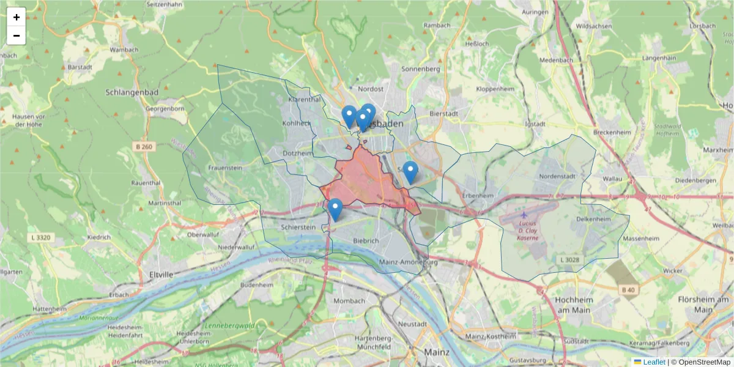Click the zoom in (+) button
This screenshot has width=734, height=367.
[x=17, y=17]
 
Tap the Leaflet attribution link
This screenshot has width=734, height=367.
[x=654, y=362]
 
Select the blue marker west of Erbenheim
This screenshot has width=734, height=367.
[x=410, y=172]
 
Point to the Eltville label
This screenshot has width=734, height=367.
[x=161, y=275]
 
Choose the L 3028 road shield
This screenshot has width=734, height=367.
[x=569, y=260]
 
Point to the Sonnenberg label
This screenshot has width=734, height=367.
[x=420, y=69]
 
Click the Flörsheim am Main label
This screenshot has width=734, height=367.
[x=696, y=305]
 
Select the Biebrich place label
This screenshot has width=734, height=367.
[x=366, y=241]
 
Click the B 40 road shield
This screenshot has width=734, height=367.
[x=628, y=289]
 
